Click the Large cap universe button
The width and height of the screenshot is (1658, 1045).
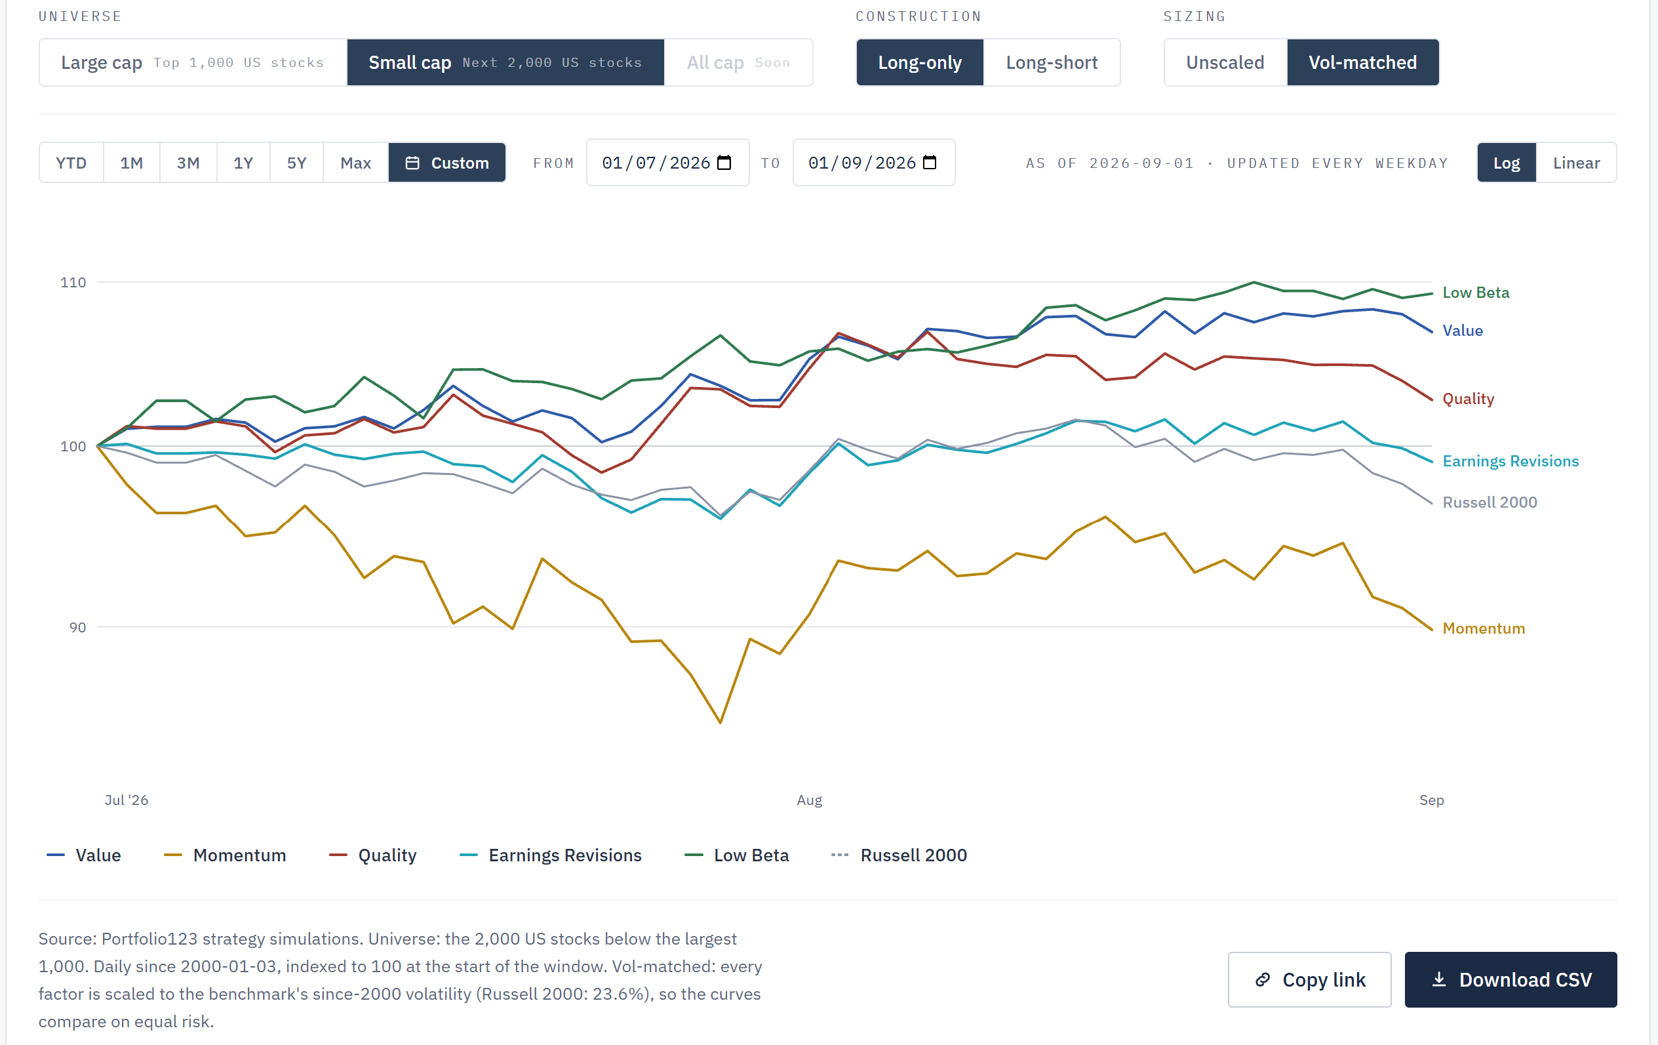[193, 63]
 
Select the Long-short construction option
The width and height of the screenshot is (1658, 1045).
[1052, 63]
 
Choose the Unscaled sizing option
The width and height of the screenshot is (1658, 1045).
[1225, 63]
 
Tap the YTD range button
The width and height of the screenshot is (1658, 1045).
[71, 163]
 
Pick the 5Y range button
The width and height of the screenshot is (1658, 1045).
[297, 163]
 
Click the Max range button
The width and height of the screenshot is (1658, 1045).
[356, 163]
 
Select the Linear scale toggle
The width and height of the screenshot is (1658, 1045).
[1576, 163]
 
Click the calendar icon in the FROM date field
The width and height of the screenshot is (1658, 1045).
[724, 163]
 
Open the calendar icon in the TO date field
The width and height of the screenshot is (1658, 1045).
[930, 163]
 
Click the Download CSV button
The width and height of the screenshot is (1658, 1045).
[1510, 979]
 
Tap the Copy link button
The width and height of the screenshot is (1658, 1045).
[1310, 979]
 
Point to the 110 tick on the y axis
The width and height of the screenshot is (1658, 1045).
[73, 283]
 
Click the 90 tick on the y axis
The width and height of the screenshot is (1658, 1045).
[78, 628]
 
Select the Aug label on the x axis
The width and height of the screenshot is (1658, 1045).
[810, 800]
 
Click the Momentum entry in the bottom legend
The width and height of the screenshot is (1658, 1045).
[225, 855]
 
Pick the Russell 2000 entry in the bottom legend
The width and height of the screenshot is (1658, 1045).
[899, 855]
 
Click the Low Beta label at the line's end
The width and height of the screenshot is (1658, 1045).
[1476, 293]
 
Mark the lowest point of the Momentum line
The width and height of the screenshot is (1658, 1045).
[720, 723]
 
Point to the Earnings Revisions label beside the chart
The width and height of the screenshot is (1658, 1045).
[1510, 462]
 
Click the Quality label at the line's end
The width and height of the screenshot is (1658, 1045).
[1469, 400]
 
